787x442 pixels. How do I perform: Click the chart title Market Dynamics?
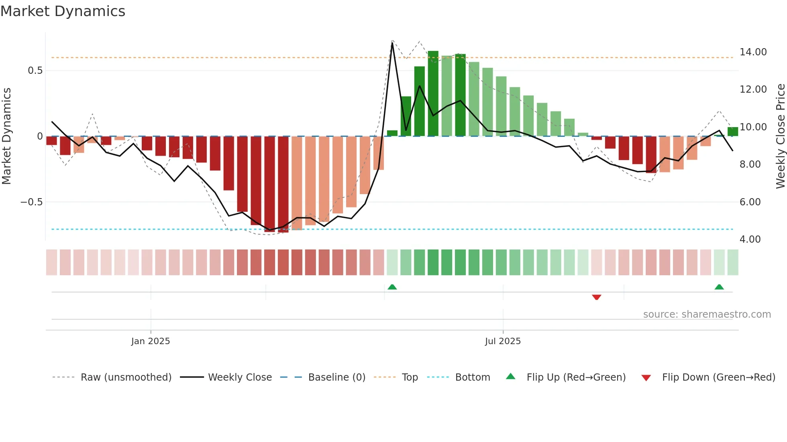63,11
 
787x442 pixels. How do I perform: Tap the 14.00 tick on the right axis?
753,52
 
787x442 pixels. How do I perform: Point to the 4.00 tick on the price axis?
750,239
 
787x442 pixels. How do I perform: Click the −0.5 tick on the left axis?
32,202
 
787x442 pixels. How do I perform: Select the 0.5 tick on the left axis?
35,71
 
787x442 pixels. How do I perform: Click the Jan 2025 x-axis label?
151,341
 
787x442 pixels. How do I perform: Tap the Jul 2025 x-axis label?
503,341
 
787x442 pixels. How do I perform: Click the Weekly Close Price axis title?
780,136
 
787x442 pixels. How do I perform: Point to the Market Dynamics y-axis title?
6,136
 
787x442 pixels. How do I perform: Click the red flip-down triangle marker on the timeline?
596,297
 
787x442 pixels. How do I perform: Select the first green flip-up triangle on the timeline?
392,287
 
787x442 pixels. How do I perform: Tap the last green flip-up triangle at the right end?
719,287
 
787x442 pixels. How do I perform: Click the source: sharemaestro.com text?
707,314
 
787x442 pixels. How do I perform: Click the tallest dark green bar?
433,93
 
